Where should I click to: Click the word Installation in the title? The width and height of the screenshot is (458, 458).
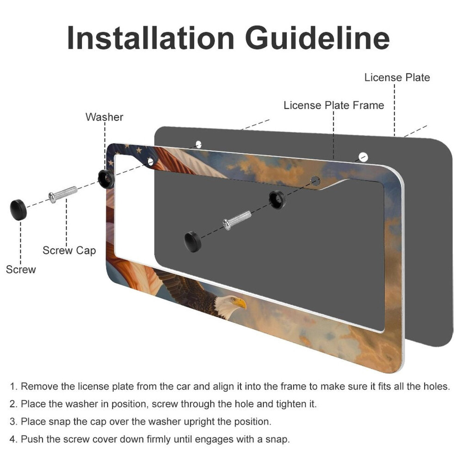151,38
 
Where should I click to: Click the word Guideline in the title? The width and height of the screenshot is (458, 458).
317,38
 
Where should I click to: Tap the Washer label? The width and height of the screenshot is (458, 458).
104,117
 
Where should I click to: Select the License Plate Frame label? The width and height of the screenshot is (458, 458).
334,105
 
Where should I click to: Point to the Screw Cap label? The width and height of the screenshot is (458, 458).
69,251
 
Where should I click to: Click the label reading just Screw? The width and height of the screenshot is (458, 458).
21,269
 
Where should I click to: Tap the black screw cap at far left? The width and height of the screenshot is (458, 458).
19,210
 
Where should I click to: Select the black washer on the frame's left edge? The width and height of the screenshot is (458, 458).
106,179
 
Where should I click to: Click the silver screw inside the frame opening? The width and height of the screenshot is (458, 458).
237,220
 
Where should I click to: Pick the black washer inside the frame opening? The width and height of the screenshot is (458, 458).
277,200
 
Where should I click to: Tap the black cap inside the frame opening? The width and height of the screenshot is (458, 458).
193,241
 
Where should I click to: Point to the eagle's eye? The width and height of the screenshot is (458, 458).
233,299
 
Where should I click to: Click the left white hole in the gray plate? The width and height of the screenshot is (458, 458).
198,144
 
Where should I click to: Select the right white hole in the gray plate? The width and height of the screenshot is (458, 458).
363,157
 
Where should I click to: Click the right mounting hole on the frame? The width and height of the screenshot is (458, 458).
315,181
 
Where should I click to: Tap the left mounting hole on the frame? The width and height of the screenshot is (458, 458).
150,161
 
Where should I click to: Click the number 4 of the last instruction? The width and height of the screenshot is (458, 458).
12,439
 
